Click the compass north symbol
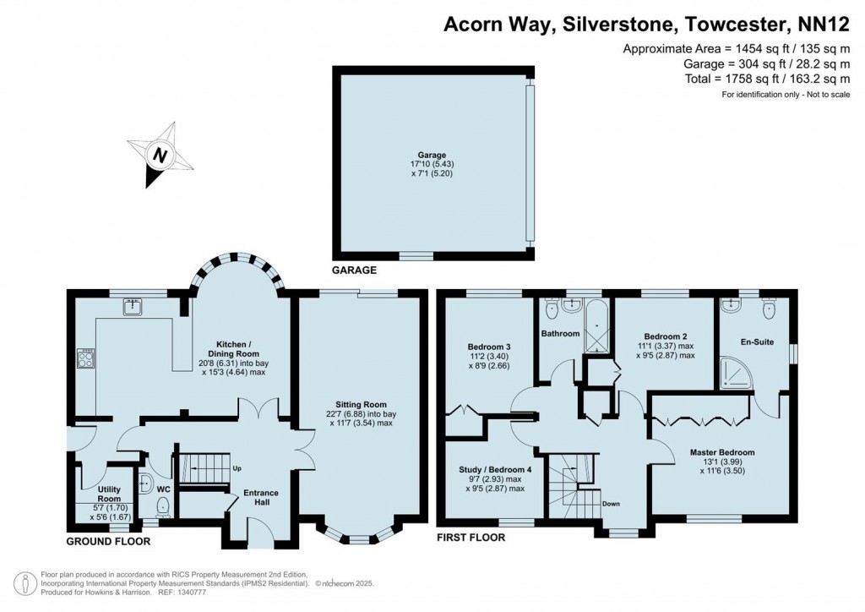click(x=159, y=155)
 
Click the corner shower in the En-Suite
click(x=736, y=373)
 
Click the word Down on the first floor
click(x=612, y=504)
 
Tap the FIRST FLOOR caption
click(x=470, y=538)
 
